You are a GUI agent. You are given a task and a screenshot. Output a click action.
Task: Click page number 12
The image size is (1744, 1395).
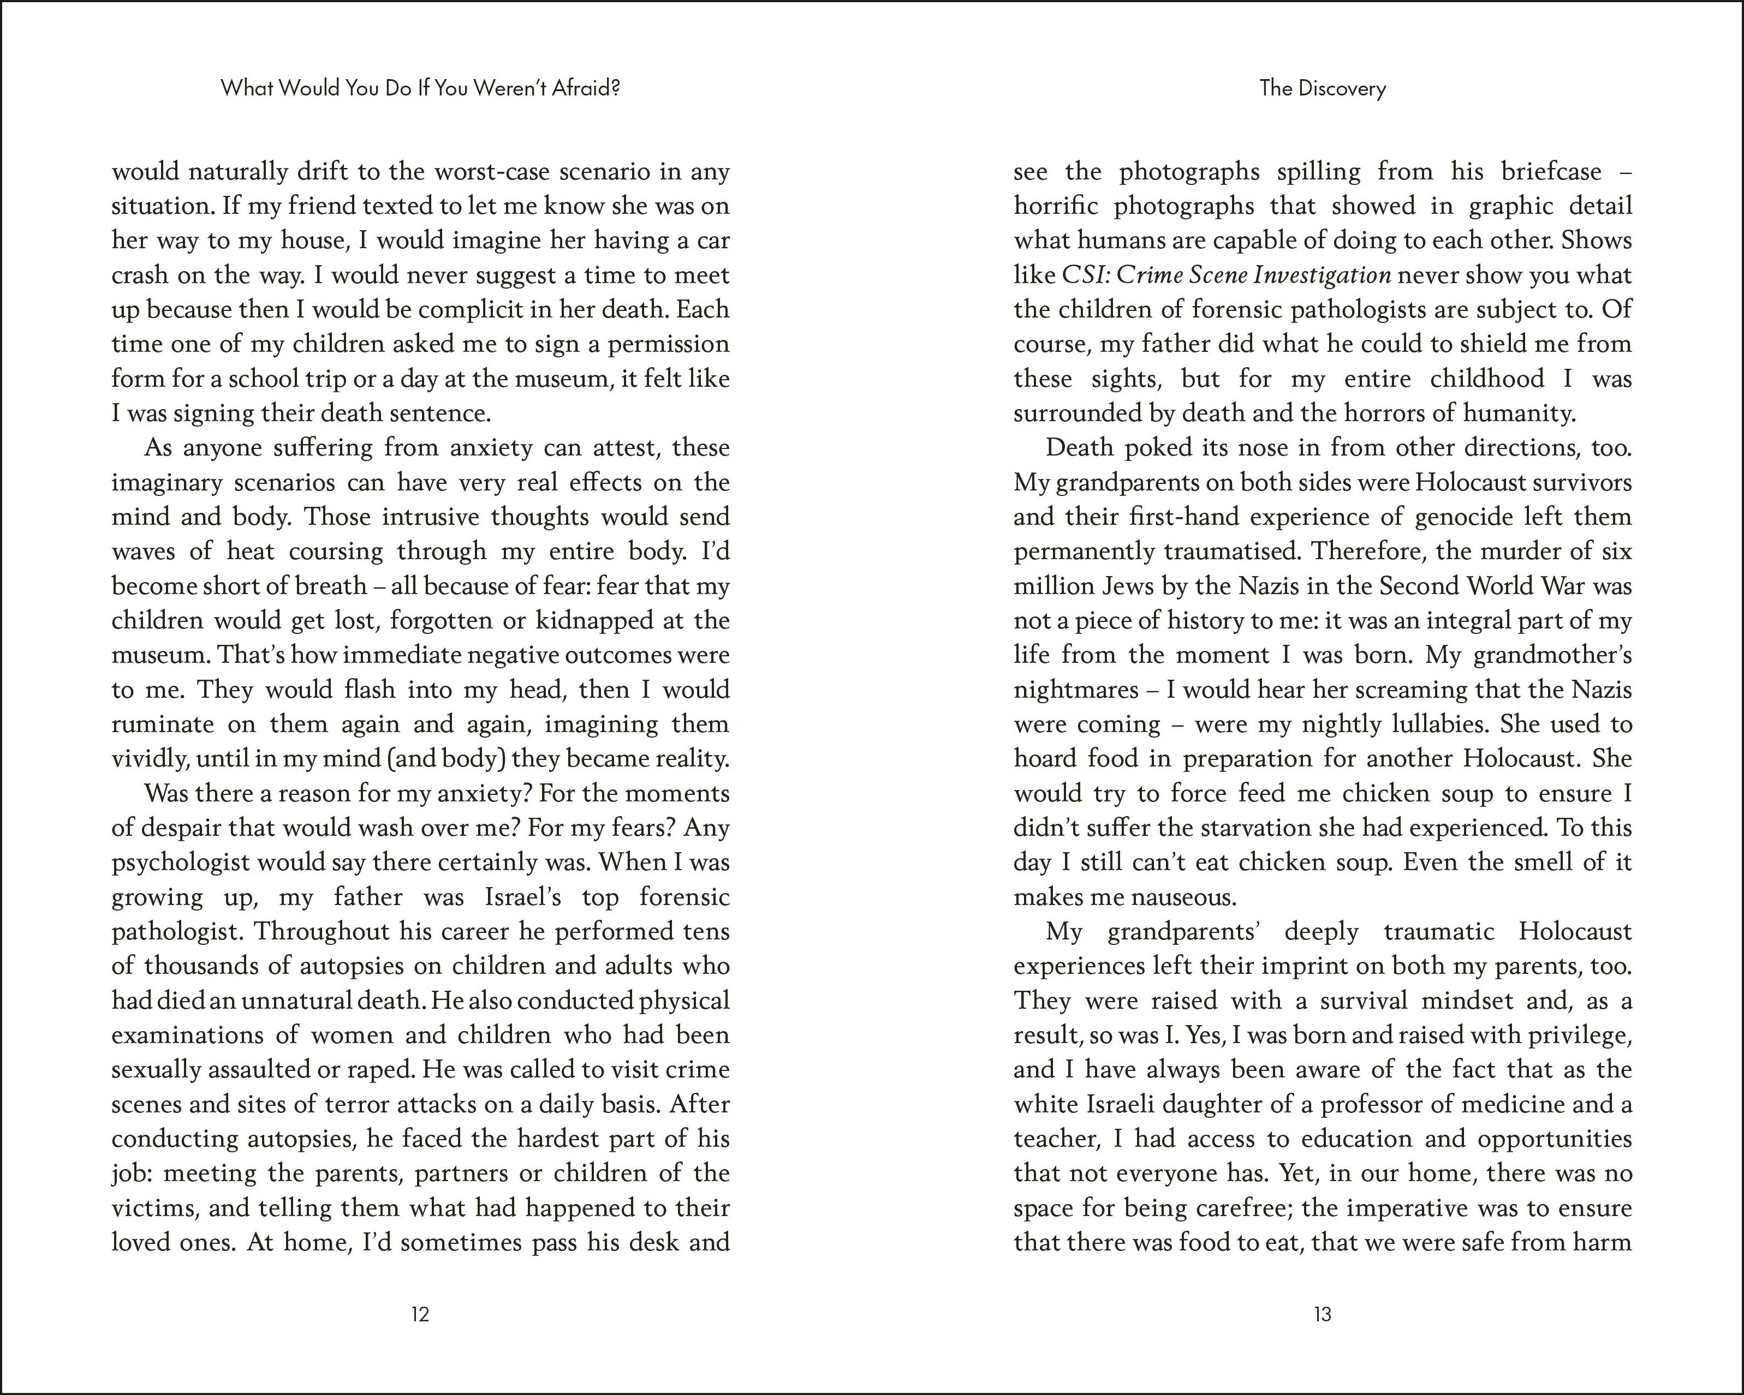coord(420,1314)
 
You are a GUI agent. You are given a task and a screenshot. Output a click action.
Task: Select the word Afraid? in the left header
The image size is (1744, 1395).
coord(586,88)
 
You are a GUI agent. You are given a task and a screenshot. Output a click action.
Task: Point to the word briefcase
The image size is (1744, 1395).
coord(1551,171)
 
